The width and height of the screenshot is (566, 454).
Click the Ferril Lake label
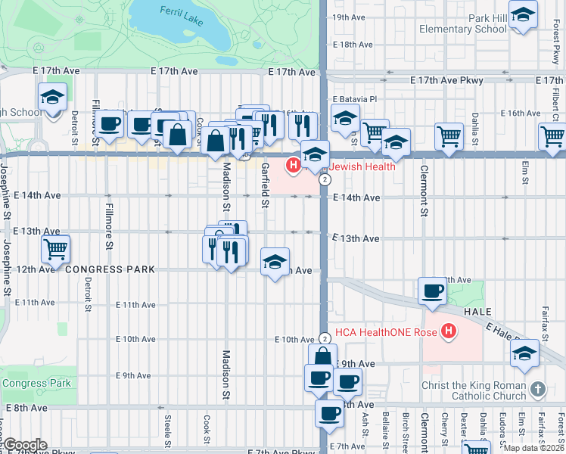(x=182, y=16)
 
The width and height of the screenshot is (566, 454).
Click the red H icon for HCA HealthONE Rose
(x=449, y=331)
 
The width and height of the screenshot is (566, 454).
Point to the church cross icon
(x=537, y=390)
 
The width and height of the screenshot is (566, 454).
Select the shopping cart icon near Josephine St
(x=55, y=247)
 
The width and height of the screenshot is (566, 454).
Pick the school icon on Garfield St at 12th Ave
(x=274, y=262)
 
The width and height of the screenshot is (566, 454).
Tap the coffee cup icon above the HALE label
(x=433, y=291)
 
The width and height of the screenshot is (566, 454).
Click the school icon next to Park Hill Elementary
(x=523, y=15)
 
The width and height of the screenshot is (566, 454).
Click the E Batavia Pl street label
(x=355, y=99)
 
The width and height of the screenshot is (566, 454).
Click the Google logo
(x=25, y=444)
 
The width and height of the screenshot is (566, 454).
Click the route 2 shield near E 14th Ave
(x=325, y=179)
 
